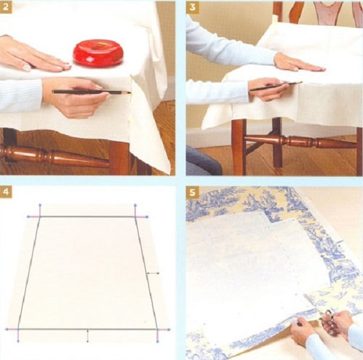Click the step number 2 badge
(x=5, y=7)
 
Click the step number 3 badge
(x=192, y=7)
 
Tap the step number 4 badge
(x=5, y=192)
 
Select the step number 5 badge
(x=192, y=192)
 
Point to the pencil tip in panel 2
(x=130, y=93)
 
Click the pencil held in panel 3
(x=276, y=86)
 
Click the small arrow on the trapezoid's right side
(x=152, y=273)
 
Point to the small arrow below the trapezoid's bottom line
(x=87, y=336)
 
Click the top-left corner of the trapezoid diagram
(x=40, y=217)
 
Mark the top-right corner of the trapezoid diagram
(x=136, y=217)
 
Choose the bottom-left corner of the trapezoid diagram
(x=18, y=329)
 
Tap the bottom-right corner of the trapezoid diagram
(x=157, y=329)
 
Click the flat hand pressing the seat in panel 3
(x=299, y=62)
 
